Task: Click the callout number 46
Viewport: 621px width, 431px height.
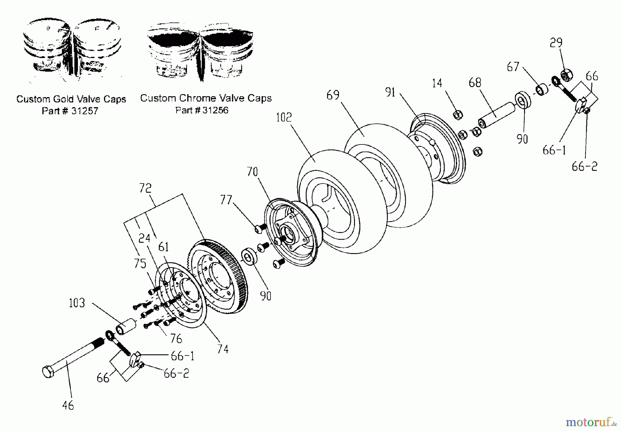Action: pyautogui.click(x=68, y=405)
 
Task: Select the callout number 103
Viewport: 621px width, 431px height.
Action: pyautogui.click(x=77, y=303)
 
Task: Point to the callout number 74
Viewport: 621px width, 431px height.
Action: pyautogui.click(x=223, y=349)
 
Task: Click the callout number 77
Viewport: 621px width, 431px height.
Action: pyautogui.click(x=226, y=200)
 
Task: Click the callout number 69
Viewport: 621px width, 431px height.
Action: pyautogui.click(x=333, y=95)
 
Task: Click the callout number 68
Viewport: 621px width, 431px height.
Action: pyautogui.click(x=475, y=82)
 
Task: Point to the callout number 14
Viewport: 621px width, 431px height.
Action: pyautogui.click(x=437, y=83)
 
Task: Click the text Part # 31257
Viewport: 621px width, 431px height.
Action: pyautogui.click(x=70, y=111)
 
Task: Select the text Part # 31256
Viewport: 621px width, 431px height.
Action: pyautogui.click(x=202, y=110)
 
